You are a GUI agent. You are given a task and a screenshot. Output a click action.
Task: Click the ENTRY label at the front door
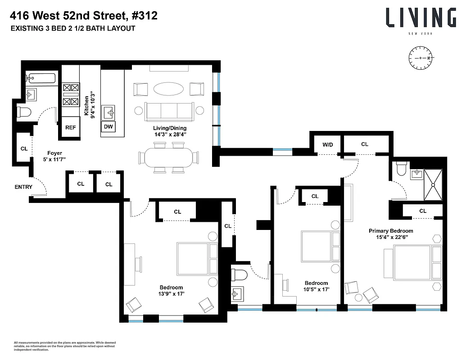[x=23, y=187]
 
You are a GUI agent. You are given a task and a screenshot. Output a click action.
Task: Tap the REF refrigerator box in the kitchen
[x=71, y=127]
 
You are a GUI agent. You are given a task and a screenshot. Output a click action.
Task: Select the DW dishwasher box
[x=108, y=127]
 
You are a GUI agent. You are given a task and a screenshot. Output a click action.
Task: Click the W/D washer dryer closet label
[x=327, y=144]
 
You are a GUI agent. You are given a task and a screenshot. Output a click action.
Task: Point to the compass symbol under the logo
[x=421, y=58]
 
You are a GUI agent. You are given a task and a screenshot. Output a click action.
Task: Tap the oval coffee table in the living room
[x=168, y=89]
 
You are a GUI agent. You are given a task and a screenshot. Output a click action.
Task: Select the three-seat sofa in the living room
[x=168, y=111]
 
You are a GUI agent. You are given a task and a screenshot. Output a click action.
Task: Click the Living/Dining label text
[x=169, y=130]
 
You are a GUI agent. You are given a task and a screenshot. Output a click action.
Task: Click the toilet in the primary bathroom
[x=401, y=169]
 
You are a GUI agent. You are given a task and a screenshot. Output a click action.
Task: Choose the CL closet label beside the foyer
[x=24, y=148]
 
